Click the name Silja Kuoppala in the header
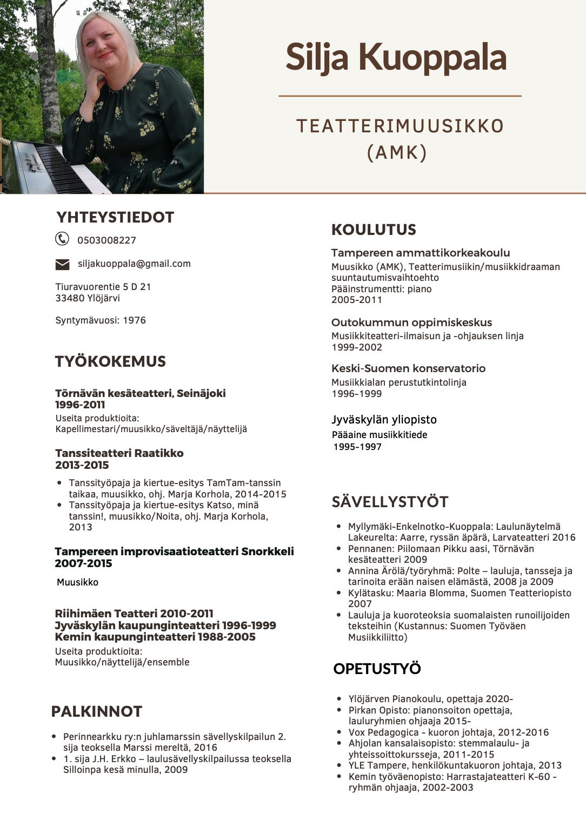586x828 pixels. click(x=396, y=57)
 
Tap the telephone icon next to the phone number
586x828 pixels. click(x=62, y=239)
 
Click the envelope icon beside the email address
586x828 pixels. click(x=62, y=264)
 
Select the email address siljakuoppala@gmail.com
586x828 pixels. click(x=134, y=264)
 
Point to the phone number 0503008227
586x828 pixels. click(x=106, y=240)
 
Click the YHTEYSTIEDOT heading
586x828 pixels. click(x=115, y=217)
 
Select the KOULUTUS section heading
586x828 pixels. click(x=374, y=230)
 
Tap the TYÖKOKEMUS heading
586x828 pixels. click(x=110, y=361)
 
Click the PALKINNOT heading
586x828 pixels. click(x=96, y=711)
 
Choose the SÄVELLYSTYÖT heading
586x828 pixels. click(x=390, y=502)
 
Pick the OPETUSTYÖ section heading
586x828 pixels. click(x=377, y=669)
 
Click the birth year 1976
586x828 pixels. click(x=134, y=320)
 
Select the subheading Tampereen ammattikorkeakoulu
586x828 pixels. click(x=420, y=253)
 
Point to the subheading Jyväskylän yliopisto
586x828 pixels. click(x=384, y=420)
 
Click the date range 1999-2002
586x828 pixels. click(x=356, y=347)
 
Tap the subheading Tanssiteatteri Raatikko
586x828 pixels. click(x=119, y=453)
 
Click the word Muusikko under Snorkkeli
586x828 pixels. click(x=77, y=582)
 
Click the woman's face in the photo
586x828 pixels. click(x=105, y=46)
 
